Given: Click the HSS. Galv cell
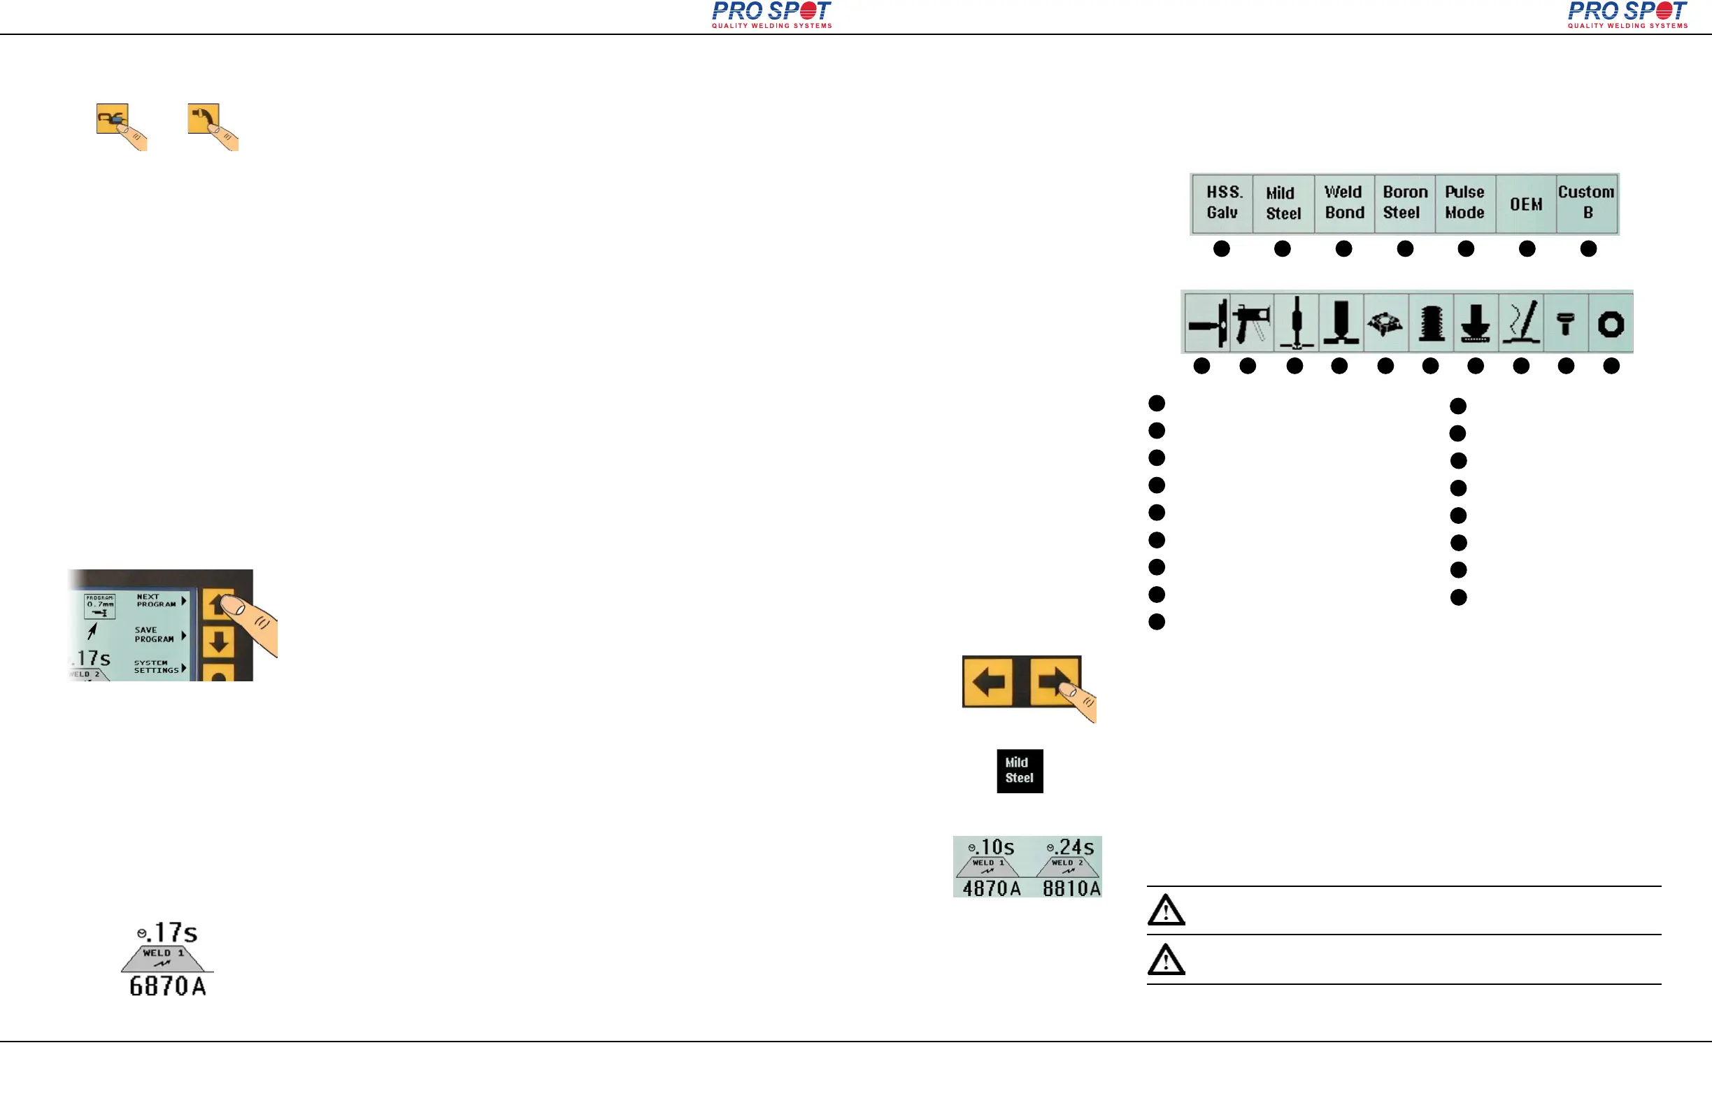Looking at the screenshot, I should [x=1222, y=203].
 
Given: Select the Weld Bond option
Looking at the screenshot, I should [x=1343, y=203].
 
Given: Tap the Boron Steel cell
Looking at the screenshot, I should [x=1404, y=203].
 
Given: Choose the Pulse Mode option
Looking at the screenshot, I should [x=1464, y=203].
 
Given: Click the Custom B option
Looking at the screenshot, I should [x=1587, y=203].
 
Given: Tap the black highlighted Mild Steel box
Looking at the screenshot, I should [x=1019, y=771].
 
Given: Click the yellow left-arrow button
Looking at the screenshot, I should [x=988, y=681].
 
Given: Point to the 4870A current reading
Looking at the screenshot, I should [x=991, y=888].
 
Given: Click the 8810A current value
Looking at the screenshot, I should [x=1071, y=888].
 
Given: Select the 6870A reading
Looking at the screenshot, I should [x=168, y=986].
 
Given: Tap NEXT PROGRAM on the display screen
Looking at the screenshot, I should [x=157, y=601].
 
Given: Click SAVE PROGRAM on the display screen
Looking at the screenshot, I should [x=155, y=634].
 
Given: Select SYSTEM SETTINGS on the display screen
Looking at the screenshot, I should [x=156, y=667].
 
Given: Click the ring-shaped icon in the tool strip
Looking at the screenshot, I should [x=1611, y=325].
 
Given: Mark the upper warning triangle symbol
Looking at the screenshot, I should [x=1165, y=910].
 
